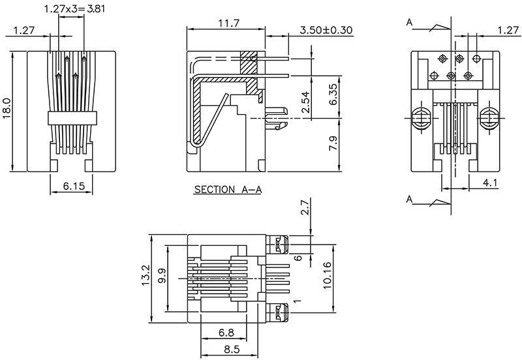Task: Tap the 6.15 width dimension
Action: click(x=73, y=187)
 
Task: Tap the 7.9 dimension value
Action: click(x=333, y=143)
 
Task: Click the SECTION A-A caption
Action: click(x=228, y=190)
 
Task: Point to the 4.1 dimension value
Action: click(x=491, y=183)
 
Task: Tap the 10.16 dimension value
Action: click(x=328, y=278)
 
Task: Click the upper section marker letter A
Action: click(x=409, y=23)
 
